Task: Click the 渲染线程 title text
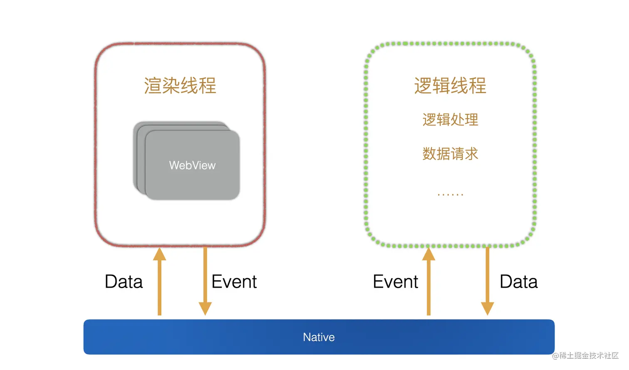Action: (180, 86)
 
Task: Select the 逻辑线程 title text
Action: (450, 86)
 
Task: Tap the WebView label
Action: (192, 165)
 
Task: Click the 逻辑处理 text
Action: (450, 120)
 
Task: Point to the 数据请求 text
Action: (450, 154)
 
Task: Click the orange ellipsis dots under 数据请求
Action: (450, 194)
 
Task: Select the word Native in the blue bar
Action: (319, 337)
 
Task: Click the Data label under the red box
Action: (124, 282)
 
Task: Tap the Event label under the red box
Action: (234, 282)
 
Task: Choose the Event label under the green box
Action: (395, 282)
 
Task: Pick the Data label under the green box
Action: (518, 282)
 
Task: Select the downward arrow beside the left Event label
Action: (205, 283)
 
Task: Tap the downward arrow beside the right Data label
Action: (487, 283)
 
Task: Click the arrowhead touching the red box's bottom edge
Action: (159, 254)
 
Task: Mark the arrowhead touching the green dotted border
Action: (428, 254)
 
